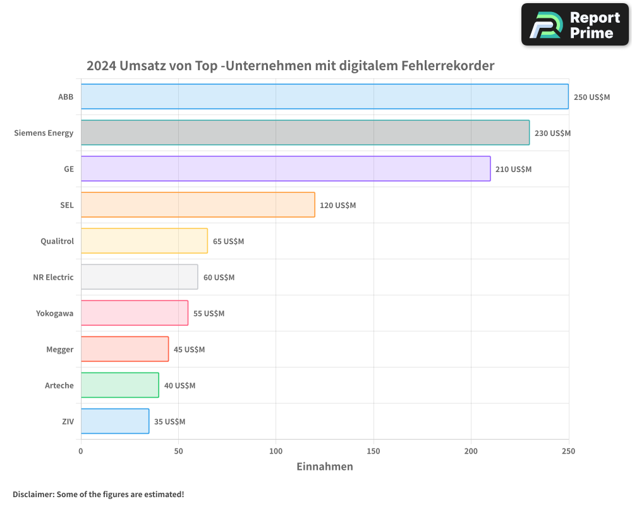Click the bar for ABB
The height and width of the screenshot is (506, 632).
(324, 97)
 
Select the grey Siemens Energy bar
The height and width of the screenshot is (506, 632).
(305, 133)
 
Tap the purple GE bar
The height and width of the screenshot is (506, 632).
(285, 169)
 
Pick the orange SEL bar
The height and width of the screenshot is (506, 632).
(197, 205)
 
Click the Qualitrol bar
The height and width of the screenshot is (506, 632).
(144, 241)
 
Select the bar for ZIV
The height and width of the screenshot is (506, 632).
(114, 421)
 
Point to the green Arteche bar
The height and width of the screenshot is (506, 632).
(119, 385)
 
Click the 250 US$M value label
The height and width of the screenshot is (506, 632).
(592, 97)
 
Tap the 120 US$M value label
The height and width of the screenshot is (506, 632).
(337, 206)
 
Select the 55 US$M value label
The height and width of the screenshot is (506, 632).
(209, 314)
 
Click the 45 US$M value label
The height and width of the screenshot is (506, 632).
(189, 350)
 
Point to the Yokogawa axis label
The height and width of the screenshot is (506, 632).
(54, 314)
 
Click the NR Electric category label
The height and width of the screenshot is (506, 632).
(53, 278)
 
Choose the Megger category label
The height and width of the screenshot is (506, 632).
(59, 350)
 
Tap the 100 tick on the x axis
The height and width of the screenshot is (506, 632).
(276, 452)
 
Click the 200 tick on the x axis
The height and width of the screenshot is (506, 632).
(471, 452)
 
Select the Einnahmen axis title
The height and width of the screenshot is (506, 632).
(324, 467)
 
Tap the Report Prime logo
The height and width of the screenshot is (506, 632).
(575, 25)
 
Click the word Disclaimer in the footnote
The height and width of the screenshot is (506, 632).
(32, 495)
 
